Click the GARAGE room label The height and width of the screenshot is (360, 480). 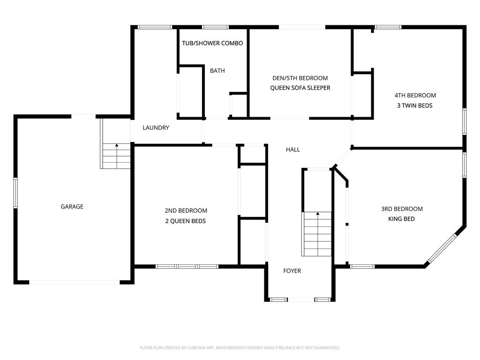click(72, 207)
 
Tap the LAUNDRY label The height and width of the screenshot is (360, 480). click(156, 127)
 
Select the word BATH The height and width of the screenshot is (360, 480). click(217, 71)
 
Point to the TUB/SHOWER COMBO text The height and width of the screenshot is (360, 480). click(212, 43)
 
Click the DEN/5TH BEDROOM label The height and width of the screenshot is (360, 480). click(300, 78)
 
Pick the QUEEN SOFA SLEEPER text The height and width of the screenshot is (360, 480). click(300, 88)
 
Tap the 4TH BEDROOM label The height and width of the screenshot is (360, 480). click(415, 96)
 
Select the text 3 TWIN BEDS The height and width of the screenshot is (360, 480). click(415, 105)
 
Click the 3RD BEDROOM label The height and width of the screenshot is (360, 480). click(402, 209)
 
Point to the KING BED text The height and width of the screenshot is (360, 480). click(401, 219)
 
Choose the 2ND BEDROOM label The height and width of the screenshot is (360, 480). click(186, 210)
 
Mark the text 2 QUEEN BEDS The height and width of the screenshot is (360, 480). click(186, 221)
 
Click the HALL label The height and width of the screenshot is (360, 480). click(293, 150)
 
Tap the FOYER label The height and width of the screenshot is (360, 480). click(292, 271)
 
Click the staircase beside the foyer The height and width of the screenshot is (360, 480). click(317, 234)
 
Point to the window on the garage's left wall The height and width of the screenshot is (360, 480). click(15, 193)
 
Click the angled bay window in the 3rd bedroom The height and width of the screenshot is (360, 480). click(442, 248)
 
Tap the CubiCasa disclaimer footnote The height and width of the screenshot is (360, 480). click(240, 348)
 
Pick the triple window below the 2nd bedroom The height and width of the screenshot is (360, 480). click(187, 267)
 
